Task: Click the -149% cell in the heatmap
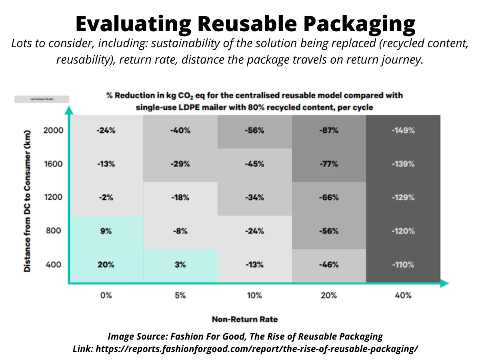[x=403, y=130]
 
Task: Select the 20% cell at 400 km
[x=106, y=265]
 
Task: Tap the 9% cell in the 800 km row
[x=106, y=231]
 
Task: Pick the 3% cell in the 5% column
[x=180, y=265]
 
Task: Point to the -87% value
[x=329, y=130]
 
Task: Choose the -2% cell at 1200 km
[x=106, y=198]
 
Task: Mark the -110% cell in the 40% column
[x=403, y=265]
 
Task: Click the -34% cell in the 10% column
[x=254, y=198]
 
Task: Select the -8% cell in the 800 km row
[x=180, y=231]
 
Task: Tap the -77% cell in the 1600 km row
[x=329, y=164]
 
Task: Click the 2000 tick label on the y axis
[x=53, y=130]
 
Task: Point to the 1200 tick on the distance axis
[x=53, y=198]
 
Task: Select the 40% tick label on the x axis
[x=403, y=296]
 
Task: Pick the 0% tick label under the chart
[x=106, y=296]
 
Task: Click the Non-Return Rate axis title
[x=244, y=319]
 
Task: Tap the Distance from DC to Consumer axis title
[x=27, y=200]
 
